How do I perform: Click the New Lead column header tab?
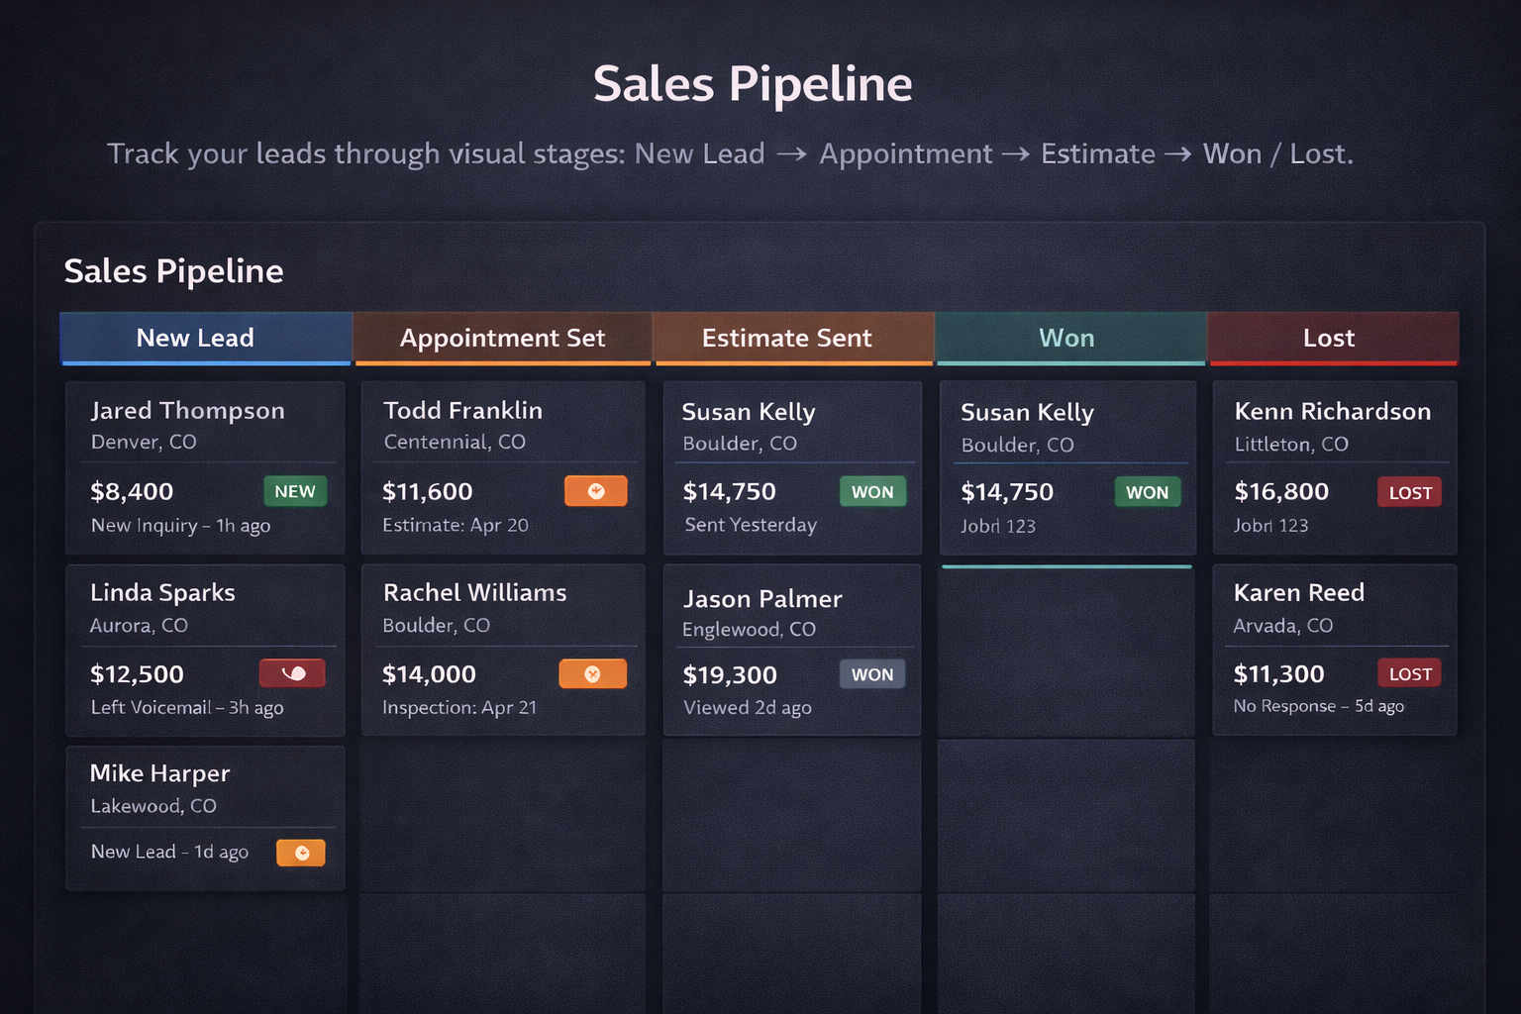tap(195, 338)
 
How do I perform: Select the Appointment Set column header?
tap(502, 338)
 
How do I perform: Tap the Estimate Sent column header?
tap(786, 338)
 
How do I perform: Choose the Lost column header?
tap(1328, 338)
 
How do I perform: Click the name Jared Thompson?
tap(187, 410)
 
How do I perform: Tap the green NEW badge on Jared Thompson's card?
tap(295, 491)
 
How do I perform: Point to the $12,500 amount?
tap(137, 674)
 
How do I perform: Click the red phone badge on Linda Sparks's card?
tap(292, 673)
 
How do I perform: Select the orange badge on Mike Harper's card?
tap(301, 853)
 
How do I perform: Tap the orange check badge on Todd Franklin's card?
tap(595, 491)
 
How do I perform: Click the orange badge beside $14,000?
tap(592, 674)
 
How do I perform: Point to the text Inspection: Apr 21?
tap(459, 707)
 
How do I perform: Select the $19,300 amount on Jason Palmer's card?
tap(730, 675)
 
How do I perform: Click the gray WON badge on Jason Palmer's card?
tap(871, 674)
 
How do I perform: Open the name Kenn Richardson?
tap(1332, 411)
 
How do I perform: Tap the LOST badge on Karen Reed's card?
tap(1410, 674)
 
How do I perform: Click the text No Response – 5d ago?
tap(1318, 706)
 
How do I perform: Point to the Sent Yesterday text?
tap(751, 525)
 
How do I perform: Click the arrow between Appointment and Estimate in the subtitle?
tap(1016, 154)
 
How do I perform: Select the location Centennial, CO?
tap(455, 442)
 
